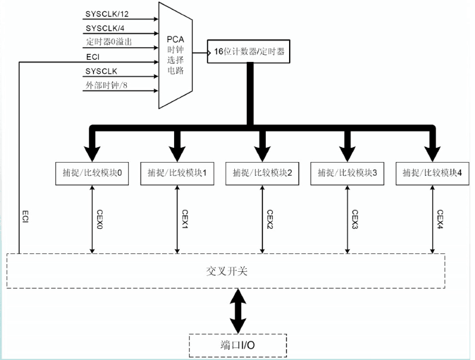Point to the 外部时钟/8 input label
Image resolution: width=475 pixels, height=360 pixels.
pos(105,86)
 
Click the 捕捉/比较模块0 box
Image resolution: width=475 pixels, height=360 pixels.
pos(91,173)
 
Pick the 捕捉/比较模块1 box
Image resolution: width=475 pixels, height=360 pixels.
pos(176,173)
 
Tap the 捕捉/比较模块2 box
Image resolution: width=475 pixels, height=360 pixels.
pos(262,173)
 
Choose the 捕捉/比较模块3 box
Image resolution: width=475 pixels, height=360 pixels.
pos(347,173)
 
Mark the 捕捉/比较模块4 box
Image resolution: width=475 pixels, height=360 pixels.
pos(432,173)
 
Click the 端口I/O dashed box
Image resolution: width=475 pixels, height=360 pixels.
pos(237,345)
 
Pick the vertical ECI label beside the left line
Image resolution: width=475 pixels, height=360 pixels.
pos(26,216)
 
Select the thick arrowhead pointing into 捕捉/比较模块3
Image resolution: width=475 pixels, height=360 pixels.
pos(347,150)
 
